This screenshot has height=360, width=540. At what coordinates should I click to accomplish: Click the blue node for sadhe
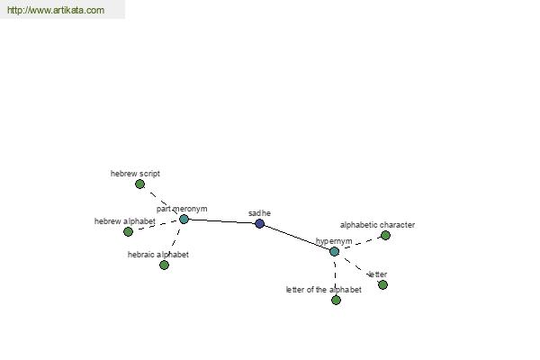tap(260, 223)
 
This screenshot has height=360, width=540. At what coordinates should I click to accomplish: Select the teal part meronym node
tap(184, 219)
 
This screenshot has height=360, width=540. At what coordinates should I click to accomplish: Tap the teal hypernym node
tap(335, 251)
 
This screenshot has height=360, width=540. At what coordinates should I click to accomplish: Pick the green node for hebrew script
tap(139, 184)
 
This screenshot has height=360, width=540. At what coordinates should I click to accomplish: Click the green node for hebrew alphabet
tap(128, 232)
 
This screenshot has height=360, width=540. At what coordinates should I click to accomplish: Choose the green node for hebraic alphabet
tap(165, 265)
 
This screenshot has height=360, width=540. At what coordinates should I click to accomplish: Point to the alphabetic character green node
tap(385, 235)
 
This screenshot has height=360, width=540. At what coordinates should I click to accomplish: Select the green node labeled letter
tap(382, 285)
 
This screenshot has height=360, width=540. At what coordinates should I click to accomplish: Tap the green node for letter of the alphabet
tap(336, 300)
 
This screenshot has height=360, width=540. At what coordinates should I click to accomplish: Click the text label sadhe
tap(259, 213)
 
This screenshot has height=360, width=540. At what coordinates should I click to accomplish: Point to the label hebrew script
tap(135, 174)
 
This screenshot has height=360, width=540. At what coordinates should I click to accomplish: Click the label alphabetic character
tap(377, 225)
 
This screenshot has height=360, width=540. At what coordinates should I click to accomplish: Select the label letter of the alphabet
tap(324, 290)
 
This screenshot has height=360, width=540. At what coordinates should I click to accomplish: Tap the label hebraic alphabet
tap(158, 255)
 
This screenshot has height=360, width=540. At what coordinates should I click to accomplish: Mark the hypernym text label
tap(334, 241)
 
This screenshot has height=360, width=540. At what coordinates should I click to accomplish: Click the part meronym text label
tap(182, 209)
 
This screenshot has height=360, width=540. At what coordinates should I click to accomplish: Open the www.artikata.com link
tap(56, 10)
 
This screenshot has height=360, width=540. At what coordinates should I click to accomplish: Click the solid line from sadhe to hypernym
tap(297, 238)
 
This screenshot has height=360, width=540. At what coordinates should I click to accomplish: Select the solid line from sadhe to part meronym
tap(221, 221)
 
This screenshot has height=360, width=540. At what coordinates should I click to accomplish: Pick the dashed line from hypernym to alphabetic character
tap(360, 244)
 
